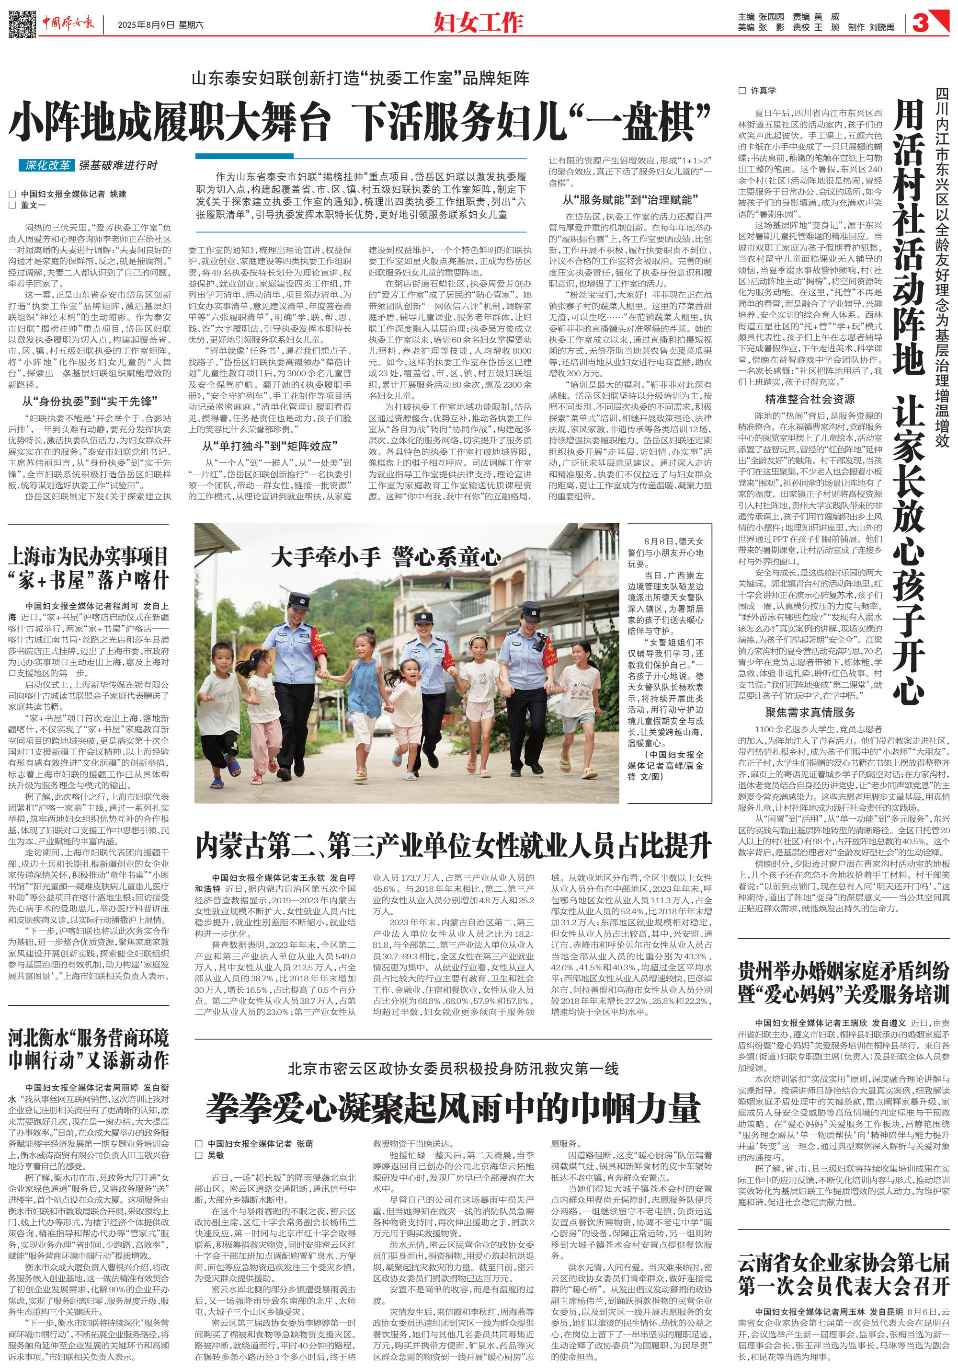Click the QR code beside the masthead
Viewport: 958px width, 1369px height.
22,23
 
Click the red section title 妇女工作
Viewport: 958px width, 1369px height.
478,23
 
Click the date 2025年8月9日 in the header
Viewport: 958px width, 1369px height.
146,25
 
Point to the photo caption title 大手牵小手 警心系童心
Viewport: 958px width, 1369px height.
385,557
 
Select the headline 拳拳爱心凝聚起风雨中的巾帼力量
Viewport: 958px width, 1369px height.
453,1108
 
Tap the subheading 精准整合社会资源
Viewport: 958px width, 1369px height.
810,400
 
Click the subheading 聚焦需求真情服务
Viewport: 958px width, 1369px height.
810,713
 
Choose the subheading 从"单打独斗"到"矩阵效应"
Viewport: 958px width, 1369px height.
270,446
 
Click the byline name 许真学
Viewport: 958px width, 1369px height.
763,91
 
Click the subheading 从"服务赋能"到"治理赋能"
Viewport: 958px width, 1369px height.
630,200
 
